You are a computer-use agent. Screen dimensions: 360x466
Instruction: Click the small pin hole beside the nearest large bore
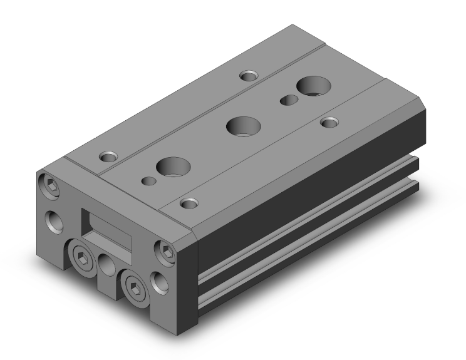pyautogui.click(x=149, y=181)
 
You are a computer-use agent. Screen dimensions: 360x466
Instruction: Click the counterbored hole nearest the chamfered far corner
pyautogui.click(x=328, y=123)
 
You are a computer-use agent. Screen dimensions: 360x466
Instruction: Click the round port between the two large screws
pyautogui.click(x=106, y=265)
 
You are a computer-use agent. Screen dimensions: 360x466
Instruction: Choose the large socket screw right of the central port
pyautogui.click(x=135, y=285)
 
